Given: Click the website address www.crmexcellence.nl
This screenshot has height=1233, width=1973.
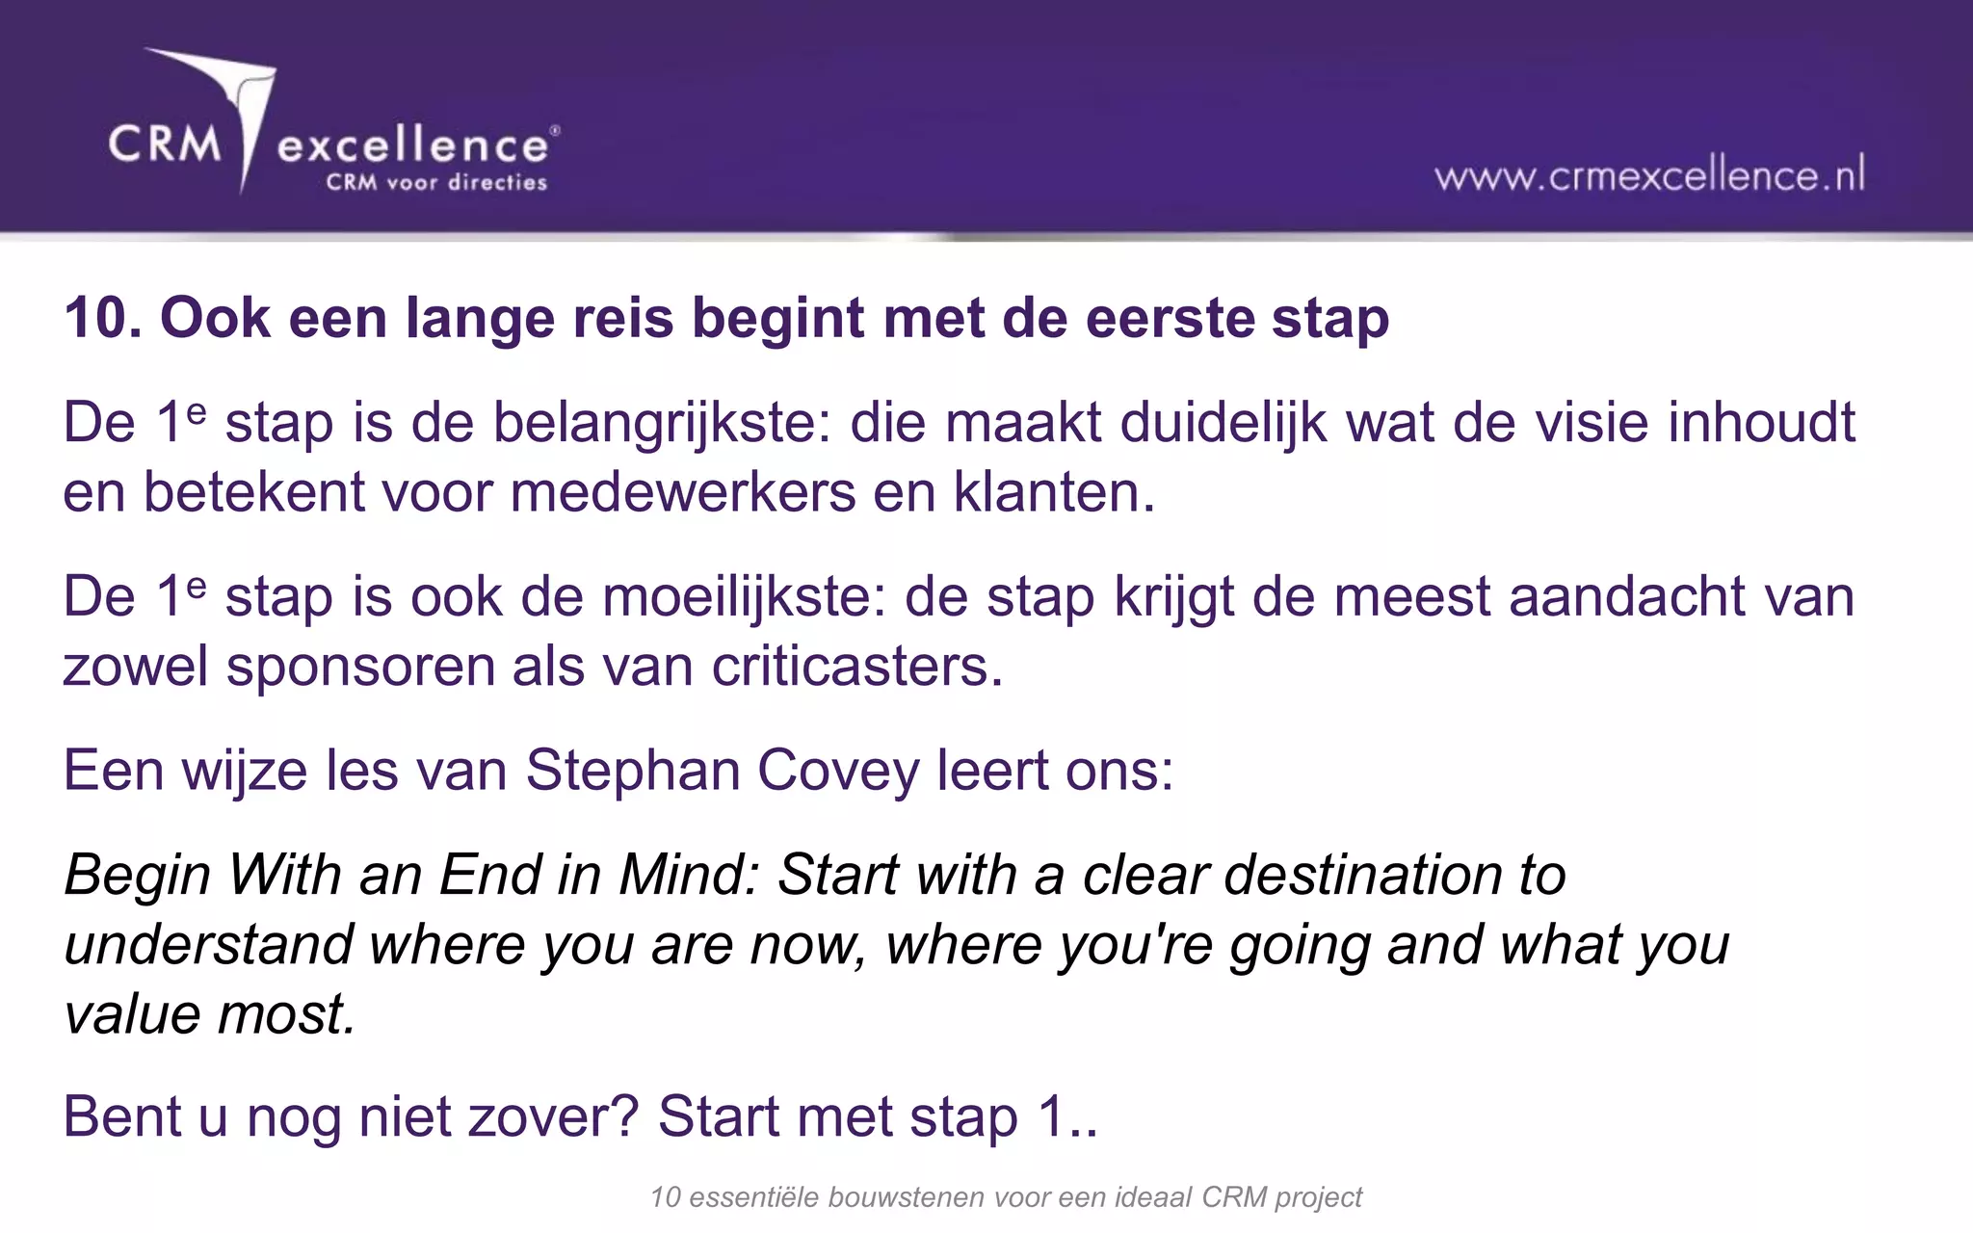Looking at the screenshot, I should click(1649, 176).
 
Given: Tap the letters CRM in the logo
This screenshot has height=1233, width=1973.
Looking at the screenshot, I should click(165, 144).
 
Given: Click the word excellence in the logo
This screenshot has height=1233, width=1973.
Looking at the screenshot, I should click(412, 146).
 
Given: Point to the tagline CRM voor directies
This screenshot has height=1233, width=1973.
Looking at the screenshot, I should click(436, 182).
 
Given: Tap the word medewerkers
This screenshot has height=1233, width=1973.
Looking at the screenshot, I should click(683, 492).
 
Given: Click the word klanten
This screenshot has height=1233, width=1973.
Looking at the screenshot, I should click(1053, 492).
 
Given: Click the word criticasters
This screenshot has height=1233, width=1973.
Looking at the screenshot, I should click(857, 667).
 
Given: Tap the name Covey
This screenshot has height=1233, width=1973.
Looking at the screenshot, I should click(838, 771).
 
